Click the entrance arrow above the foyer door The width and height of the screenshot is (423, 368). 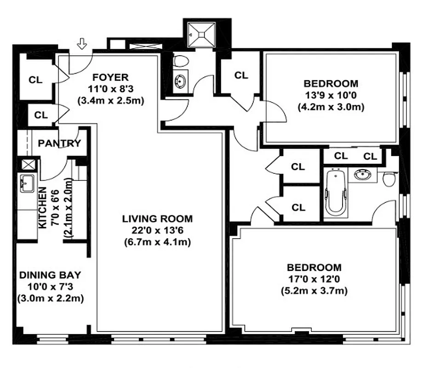click(82, 44)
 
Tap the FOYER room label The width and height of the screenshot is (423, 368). click(111, 77)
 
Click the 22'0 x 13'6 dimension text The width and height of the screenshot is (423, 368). click(157, 230)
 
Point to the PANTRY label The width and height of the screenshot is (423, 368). click(59, 143)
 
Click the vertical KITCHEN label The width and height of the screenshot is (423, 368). click(42, 208)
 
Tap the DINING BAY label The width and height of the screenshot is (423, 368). click(50, 275)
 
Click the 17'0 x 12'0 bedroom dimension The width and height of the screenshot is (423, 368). click(314, 279)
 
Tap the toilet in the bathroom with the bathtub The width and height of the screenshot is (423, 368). click(389, 178)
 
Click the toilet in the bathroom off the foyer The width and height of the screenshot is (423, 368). click(181, 61)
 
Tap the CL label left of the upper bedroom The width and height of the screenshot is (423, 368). click(241, 75)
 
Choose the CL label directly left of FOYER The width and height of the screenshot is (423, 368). click(35, 79)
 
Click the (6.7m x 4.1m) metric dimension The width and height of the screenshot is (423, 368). click(157, 241)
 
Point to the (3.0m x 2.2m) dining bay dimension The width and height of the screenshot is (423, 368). click(50, 298)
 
